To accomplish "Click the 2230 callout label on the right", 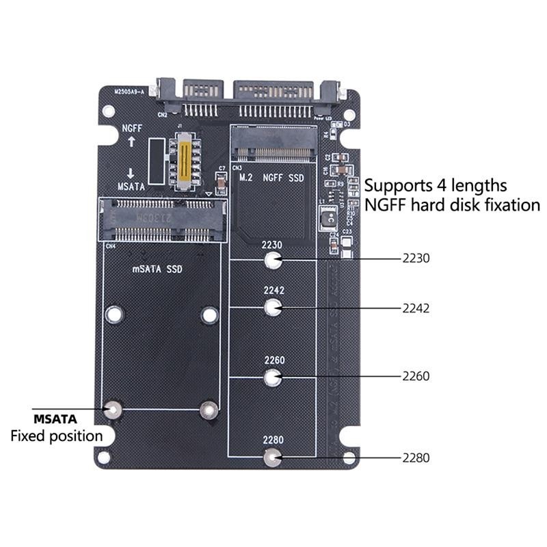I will pos(416,259).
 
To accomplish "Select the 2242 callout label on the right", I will pos(416,308).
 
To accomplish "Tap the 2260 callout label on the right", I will pos(416,376).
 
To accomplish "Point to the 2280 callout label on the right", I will pos(416,458).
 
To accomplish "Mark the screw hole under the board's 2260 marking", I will pos(273,376).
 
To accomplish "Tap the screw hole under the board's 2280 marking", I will pos(273,457).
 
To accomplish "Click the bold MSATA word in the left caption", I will pos(55,418).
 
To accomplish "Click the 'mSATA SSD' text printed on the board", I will pos(157,269).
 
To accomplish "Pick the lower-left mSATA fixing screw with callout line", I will pos(114,410).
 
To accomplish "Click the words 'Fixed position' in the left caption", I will pos(56,436).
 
